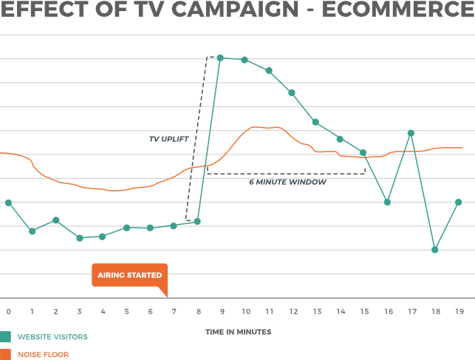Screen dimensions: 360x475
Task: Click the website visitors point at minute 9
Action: [x=220, y=57]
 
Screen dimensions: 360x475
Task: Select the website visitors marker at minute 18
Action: [x=435, y=250]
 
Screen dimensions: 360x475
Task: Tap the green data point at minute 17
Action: [x=411, y=133]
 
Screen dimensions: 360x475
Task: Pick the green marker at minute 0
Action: [x=8, y=203]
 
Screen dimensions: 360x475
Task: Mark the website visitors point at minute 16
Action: [x=387, y=202]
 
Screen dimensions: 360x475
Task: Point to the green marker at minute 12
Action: [x=292, y=92]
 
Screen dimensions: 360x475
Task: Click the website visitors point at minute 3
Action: [x=79, y=238]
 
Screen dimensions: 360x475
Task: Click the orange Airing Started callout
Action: [x=130, y=276]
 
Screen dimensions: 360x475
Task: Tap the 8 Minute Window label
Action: [x=287, y=181]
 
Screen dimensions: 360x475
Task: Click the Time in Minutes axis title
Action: [x=238, y=332]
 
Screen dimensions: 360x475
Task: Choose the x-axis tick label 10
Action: [x=245, y=312]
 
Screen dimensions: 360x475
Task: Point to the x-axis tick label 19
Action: [x=458, y=312]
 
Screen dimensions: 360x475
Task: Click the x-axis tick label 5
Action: [x=126, y=312]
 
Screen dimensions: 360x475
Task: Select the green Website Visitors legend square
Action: [x=6, y=337]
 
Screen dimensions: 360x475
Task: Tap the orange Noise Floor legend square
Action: [x=6, y=354]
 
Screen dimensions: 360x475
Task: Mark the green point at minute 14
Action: [x=340, y=138]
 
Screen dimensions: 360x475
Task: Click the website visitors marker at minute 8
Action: [x=197, y=221]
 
